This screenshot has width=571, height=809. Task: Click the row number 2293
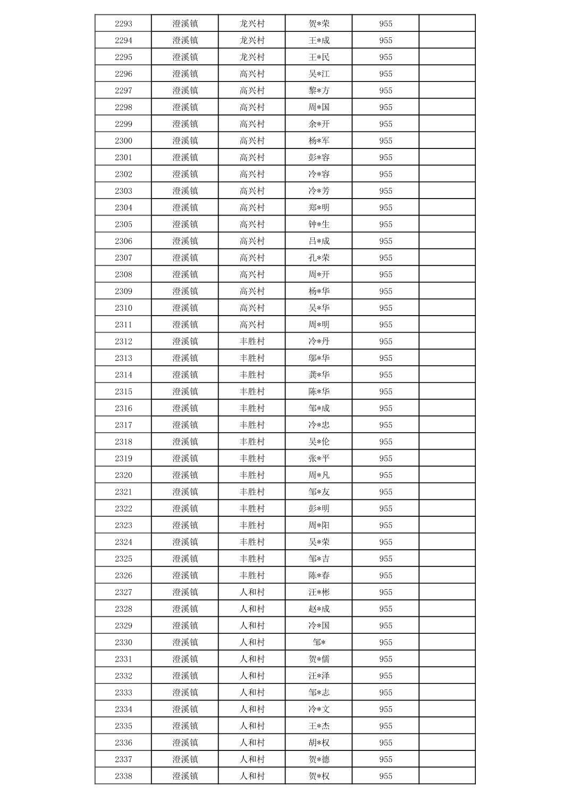[x=123, y=23]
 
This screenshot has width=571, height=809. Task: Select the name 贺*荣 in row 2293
[x=319, y=23]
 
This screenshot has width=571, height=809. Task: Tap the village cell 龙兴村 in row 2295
[x=252, y=57]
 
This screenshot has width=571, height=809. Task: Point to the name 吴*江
[x=319, y=73]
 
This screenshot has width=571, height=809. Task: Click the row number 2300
[x=123, y=141]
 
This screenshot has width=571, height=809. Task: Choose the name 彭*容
[x=319, y=157]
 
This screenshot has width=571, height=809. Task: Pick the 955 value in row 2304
[x=385, y=208]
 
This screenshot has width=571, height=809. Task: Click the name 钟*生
[x=319, y=224]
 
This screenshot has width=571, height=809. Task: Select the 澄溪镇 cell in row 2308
[x=185, y=274]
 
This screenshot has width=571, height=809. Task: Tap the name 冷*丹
[x=319, y=341]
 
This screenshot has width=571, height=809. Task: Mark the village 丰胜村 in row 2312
[x=252, y=341]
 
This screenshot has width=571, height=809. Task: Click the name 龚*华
[x=319, y=375]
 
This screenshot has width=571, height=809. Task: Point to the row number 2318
[x=123, y=442]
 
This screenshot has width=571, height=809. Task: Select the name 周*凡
[x=319, y=475]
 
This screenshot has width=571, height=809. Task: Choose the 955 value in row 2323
[x=385, y=525]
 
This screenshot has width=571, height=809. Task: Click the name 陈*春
[x=319, y=575]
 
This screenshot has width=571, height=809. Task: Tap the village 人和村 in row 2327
[x=252, y=592]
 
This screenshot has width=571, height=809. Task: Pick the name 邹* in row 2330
[x=319, y=642]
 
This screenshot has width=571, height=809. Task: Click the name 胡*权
[x=319, y=742]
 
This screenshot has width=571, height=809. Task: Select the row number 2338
[x=123, y=776]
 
